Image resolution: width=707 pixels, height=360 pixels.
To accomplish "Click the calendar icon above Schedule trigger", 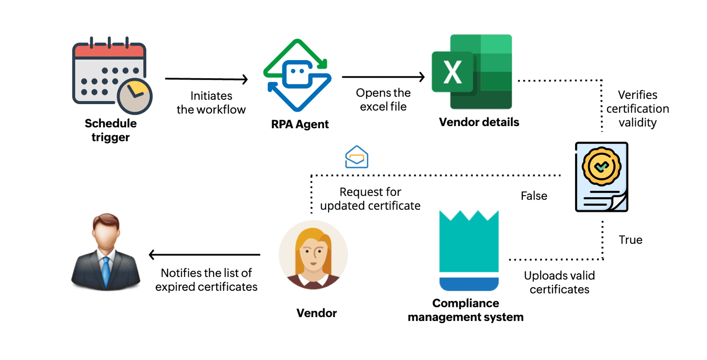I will coord(109,74).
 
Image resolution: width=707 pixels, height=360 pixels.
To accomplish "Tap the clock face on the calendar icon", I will coord(135,96).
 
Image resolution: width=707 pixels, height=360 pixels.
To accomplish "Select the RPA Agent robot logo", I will coord(297,75).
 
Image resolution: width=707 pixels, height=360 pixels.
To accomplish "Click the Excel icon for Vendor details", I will coord(472,72).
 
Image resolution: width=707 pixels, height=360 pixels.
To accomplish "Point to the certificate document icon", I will coord(601,177).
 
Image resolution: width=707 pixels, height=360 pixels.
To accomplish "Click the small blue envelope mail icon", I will coord(356,157).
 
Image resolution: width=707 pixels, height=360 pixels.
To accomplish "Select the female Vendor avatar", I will coord(313,255).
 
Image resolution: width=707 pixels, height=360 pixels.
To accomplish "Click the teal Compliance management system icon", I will coord(469,250).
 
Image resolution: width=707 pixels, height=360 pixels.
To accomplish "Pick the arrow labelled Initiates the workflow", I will coord(206,79).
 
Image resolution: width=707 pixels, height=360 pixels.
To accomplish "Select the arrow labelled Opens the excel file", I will coord(383,77).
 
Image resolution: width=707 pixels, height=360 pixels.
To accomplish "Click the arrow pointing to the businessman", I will coord(204,255).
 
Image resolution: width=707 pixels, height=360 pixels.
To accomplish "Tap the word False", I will coord(534,196).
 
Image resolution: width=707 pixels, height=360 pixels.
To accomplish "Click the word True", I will coord(631,240).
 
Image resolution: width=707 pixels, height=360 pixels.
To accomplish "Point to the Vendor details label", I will coord(479,122).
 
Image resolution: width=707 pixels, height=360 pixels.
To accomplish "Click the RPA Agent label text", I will coord(300,124).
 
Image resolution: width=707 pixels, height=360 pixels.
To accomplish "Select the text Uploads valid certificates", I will coord(559,282).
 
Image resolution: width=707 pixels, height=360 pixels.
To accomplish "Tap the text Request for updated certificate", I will coord(370,199).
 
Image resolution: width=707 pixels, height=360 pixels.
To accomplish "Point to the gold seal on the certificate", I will coord(601,166).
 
